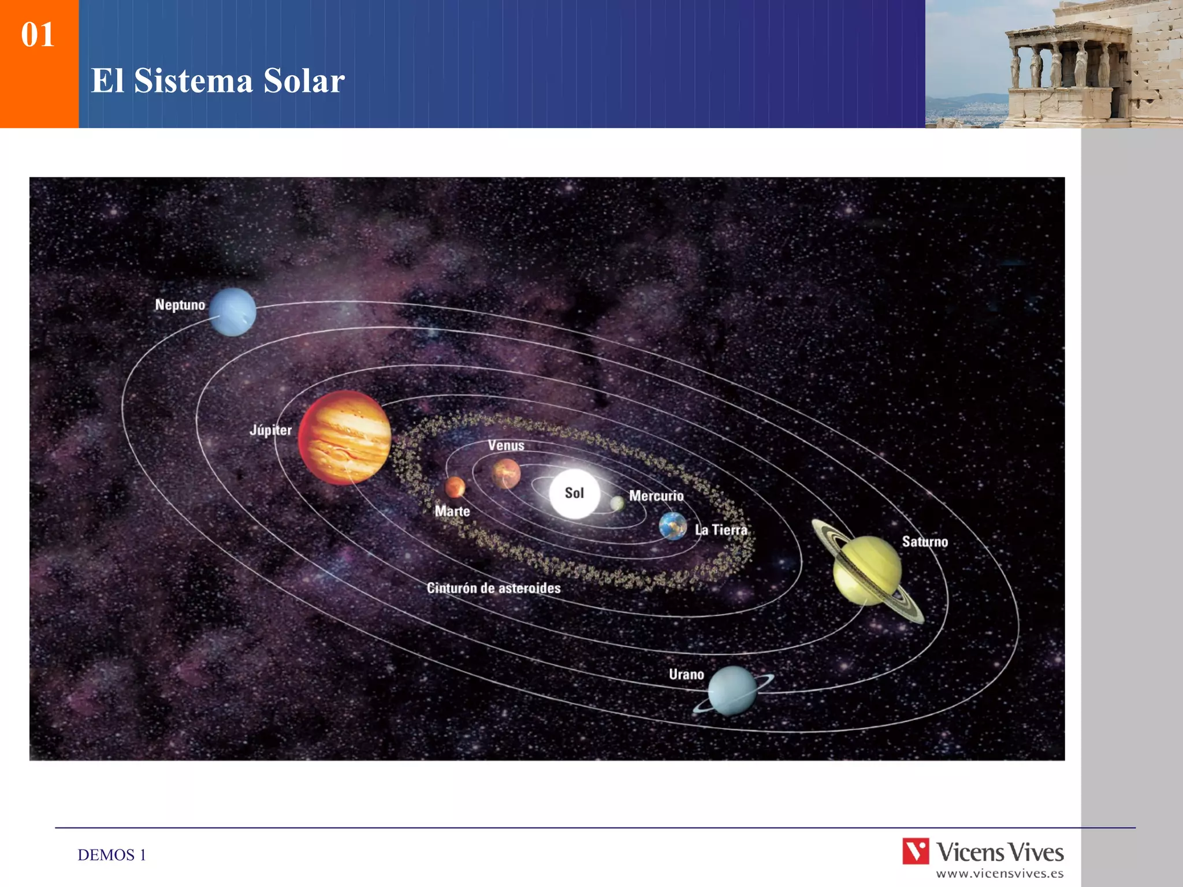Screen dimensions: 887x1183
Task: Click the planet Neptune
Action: (x=233, y=312)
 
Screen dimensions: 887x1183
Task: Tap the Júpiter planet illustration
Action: (x=345, y=437)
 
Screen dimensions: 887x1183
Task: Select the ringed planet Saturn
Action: (x=867, y=571)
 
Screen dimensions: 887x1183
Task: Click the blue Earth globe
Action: (x=673, y=526)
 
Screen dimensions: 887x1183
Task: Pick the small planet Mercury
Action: (x=617, y=504)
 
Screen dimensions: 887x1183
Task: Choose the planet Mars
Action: (x=455, y=487)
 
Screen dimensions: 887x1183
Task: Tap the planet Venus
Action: (x=506, y=474)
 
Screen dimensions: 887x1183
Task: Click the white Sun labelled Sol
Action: (x=574, y=493)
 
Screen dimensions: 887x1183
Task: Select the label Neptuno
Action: (x=180, y=305)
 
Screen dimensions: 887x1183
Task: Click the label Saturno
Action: (x=925, y=542)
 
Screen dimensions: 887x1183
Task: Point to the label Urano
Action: (x=686, y=674)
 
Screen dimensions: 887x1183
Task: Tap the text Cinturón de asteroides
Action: (x=494, y=588)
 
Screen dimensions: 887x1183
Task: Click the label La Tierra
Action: (x=721, y=530)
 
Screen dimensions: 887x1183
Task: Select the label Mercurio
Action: (x=656, y=496)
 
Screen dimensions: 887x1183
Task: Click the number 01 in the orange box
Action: (x=38, y=35)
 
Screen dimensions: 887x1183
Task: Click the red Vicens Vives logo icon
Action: (x=916, y=851)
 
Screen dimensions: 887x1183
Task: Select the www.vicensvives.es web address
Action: (x=1000, y=874)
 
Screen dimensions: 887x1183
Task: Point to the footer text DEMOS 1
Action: (x=112, y=855)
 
